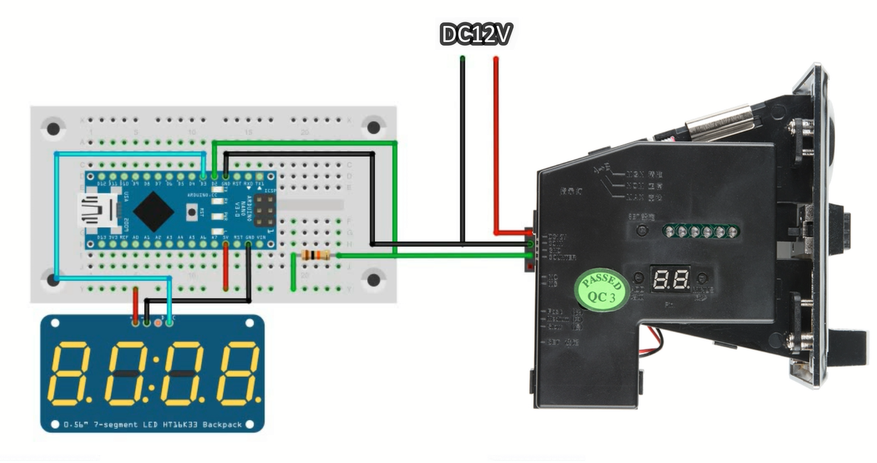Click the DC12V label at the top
[x=476, y=35]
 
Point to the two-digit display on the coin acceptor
[x=671, y=280]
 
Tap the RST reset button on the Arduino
[x=193, y=213]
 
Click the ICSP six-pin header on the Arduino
[x=264, y=213]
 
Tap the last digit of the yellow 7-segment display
[x=238, y=373]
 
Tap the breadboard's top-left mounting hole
[x=53, y=127]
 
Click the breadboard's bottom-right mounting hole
[x=374, y=280]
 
